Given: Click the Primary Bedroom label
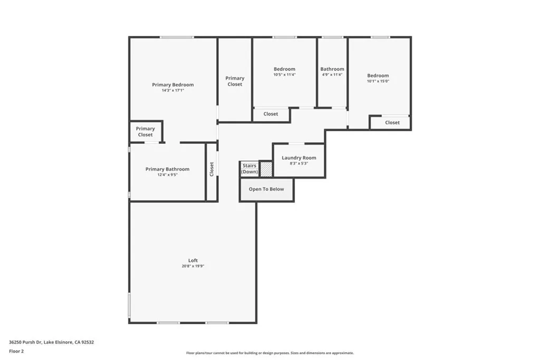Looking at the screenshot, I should coord(172,85).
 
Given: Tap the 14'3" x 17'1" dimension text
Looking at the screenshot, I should coord(172,91).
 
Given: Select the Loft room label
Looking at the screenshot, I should coord(193,260).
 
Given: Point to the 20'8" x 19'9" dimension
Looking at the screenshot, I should coord(193,266).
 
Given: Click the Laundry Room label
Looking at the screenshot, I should coord(298,158).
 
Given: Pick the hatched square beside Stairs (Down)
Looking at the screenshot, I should coord(266,169).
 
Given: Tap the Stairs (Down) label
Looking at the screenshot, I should coord(249,169).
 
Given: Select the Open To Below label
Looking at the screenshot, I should coord(266,189).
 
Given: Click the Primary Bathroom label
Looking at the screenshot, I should coord(167,169).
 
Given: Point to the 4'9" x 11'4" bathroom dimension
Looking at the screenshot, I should coord(332,75).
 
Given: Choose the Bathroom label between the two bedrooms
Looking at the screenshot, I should coord(332,69).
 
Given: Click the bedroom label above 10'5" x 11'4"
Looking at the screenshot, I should coord(284,69).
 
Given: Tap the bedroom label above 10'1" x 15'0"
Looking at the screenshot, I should coord(378,75).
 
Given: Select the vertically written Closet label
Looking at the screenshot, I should coord(211,169).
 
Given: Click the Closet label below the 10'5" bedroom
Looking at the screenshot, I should coord(271,114).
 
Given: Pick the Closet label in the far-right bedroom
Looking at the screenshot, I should coord(392,122).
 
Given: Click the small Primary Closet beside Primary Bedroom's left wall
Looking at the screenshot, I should coord(145,131).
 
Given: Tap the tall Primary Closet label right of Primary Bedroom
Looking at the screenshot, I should coord(235,81).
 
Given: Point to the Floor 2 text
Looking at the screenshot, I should coord(16,351).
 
